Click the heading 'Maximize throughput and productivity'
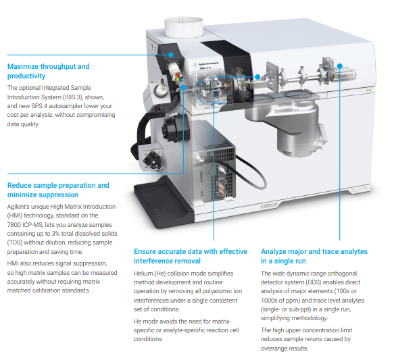click(47, 71)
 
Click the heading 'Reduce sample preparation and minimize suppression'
click(57, 190)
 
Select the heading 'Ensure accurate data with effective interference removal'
click(190, 256)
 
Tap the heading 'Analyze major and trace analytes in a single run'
click(314, 256)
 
